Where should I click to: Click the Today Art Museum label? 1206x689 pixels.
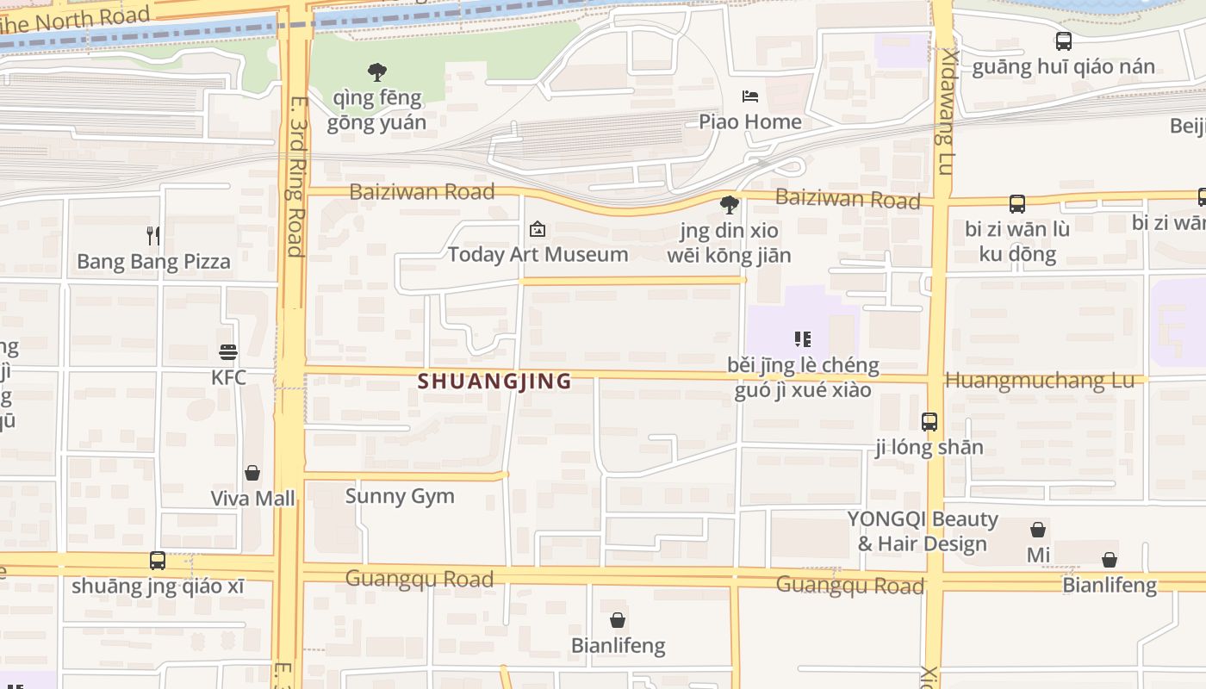tap(538, 254)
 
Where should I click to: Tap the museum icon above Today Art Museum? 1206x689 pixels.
tap(538, 229)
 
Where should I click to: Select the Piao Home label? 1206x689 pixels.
tap(749, 121)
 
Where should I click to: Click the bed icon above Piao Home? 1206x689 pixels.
tap(750, 96)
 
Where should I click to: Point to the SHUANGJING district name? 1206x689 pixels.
tap(494, 381)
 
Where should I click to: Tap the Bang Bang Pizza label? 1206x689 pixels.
tap(153, 262)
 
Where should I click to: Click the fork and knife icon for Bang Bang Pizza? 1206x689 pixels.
tap(153, 235)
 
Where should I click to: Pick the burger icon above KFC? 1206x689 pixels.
tap(228, 351)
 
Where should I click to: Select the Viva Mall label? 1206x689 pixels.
tap(252, 499)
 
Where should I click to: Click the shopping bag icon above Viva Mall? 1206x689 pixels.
tap(252, 473)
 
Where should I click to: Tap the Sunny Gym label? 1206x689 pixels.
tap(400, 496)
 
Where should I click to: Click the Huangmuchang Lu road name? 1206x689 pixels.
tap(1040, 380)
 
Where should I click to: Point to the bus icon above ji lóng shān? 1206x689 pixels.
tap(929, 422)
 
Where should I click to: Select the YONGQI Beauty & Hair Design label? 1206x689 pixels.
tap(923, 531)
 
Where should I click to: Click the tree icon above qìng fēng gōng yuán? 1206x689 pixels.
tap(376, 72)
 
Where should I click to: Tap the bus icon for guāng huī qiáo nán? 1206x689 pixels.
tap(1064, 41)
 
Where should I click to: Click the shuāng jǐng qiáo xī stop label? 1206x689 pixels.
tap(158, 587)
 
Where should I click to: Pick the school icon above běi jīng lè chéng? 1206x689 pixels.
tap(803, 339)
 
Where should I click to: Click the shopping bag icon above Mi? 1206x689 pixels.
tap(1038, 530)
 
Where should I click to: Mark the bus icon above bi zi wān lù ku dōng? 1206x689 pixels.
tap(1017, 204)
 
